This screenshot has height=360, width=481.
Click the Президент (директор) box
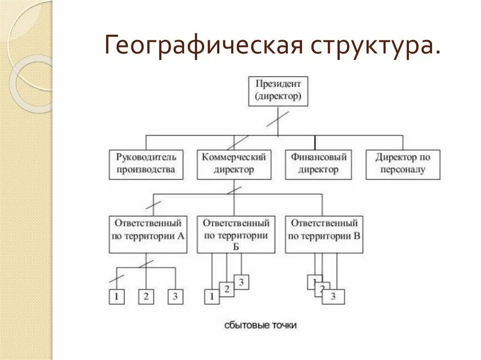pos(278,91)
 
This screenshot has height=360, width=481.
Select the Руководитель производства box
pos(146,164)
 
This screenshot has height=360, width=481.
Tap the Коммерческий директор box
pos(234,164)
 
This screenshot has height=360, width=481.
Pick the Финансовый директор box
pos(318,164)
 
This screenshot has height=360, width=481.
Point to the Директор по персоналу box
pos(403,164)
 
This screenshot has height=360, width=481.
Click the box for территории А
pos(147,235)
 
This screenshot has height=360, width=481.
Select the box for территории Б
pos(235,235)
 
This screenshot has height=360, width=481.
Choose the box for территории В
pos(324,235)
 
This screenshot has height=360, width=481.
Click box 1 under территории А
pos(116,297)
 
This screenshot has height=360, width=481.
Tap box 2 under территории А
pos(146,297)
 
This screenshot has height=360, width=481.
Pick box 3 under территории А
pos(176,297)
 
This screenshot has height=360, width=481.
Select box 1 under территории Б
pos(211,297)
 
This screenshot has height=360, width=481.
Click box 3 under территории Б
pos(241,282)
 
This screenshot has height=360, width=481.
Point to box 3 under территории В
pos(334,297)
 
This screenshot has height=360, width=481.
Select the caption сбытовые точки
pos(260,325)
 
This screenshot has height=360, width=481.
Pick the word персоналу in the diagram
pos(403,170)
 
